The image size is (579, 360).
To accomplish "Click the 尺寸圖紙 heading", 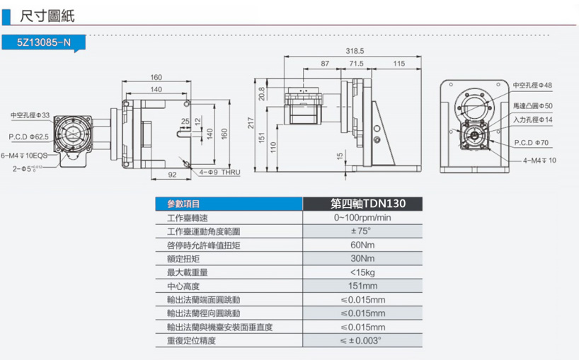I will (x=47, y=15).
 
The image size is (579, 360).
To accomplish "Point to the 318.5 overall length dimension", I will (x=355, y=51).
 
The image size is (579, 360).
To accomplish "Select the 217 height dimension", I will (x=251, y=124).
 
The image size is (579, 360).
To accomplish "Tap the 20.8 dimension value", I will (x=263, y=93).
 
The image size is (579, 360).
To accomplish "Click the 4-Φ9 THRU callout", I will (x=221, y=172).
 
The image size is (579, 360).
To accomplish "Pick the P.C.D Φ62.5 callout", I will (x=29, y=136).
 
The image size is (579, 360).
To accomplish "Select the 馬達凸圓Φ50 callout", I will (x=532, y=105).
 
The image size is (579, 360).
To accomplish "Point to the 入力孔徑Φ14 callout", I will (x=532, y=120).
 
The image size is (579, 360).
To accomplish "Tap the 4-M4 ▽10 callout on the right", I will (x=541, y=161).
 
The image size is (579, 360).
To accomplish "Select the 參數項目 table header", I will (x=184, y=204).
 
